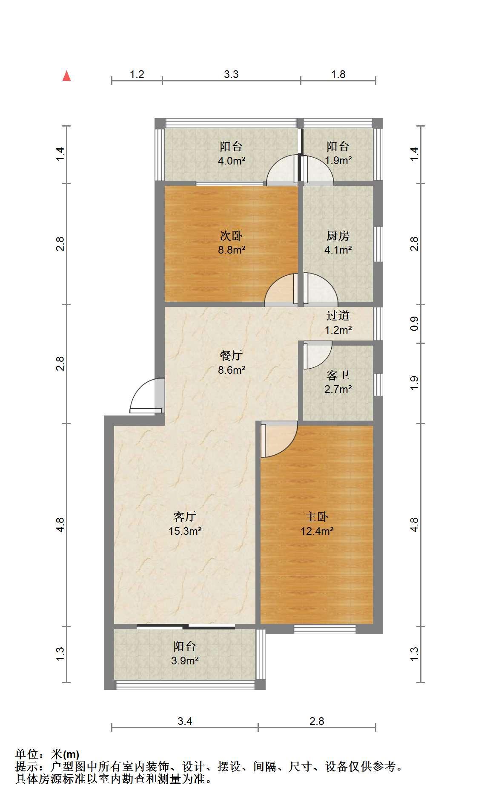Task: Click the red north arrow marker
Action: click(66, 76)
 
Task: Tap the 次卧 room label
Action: click(231, 236)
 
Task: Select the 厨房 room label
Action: click(338, 236)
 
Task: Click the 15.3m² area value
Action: click(185, 531)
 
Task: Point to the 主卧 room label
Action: click(317, 517)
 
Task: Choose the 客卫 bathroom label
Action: click(338, 375)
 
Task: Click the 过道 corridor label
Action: click(338, 316)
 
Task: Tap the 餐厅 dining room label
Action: click(231, 355)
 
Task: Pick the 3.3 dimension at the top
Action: click(231, 75)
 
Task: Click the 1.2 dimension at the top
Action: click(137, 75)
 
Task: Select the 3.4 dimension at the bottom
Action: click(185, 721)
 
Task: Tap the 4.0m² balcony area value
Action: click(231, 161)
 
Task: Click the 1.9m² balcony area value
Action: click(338, 161)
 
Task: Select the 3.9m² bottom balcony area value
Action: click(185, 661)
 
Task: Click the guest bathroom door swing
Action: click(318, 355)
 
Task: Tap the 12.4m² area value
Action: click(317, 531)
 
